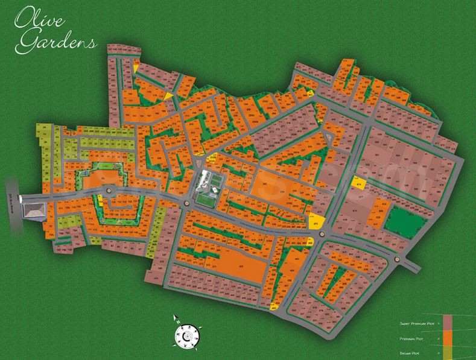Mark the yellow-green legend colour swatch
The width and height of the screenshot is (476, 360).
coord(448,352)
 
